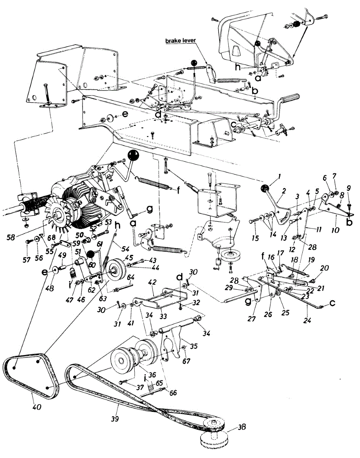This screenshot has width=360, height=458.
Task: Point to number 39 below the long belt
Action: (x=115, y=419)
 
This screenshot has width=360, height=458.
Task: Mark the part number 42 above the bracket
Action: (x=153, y=283)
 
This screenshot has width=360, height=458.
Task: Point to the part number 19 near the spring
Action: (x=311, y=260)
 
